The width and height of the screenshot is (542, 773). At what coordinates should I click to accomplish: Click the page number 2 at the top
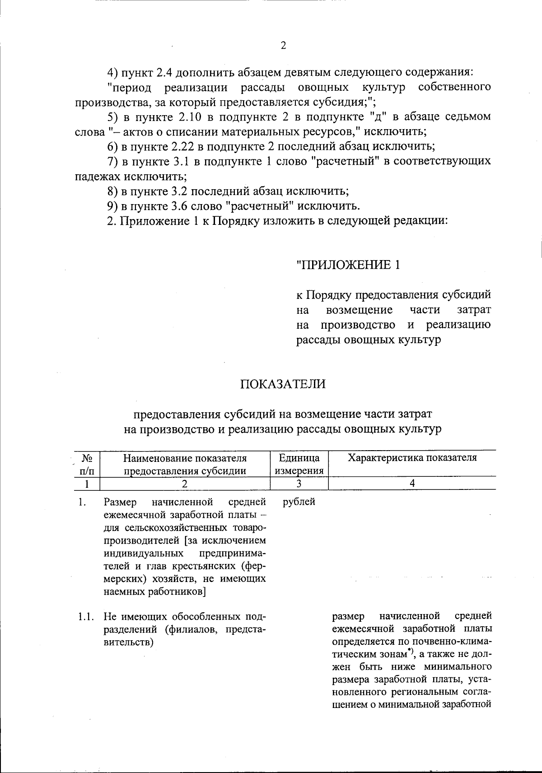283,46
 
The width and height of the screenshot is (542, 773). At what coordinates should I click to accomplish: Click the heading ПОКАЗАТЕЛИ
283,384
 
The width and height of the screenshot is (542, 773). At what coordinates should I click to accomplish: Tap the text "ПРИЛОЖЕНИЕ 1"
348,265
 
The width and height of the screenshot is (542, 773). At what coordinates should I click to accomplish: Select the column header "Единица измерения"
299,464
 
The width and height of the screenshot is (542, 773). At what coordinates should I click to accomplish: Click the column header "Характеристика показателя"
412,458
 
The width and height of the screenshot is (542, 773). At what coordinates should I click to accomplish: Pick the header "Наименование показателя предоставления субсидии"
185,464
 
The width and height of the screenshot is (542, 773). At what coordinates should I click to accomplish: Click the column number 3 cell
299,484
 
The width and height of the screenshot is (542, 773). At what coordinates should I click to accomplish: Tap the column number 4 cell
412,484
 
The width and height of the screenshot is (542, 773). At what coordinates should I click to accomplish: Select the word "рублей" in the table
299,502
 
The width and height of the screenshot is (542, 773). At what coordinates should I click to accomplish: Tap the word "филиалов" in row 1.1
197,630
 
